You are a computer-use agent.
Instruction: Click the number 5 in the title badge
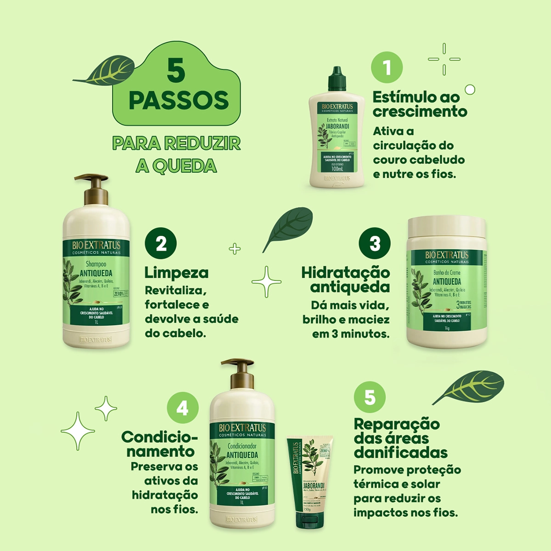[176, 71]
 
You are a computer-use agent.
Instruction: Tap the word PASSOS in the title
[179, 101]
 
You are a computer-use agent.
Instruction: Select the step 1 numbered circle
[387, 67]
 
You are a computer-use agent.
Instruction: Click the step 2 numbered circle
[161, 243]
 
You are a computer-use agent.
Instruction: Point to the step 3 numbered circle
[375, 243]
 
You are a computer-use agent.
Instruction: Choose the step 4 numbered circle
[183, 408]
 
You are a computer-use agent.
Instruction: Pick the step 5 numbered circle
[370, 397]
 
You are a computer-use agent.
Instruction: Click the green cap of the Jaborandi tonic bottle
[337, 79]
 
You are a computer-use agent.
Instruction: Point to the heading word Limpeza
[176, 273]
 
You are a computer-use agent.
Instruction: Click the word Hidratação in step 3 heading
[345, 272]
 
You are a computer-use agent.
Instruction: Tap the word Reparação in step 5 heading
[397, 424]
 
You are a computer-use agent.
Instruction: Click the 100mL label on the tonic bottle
[337, 169]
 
